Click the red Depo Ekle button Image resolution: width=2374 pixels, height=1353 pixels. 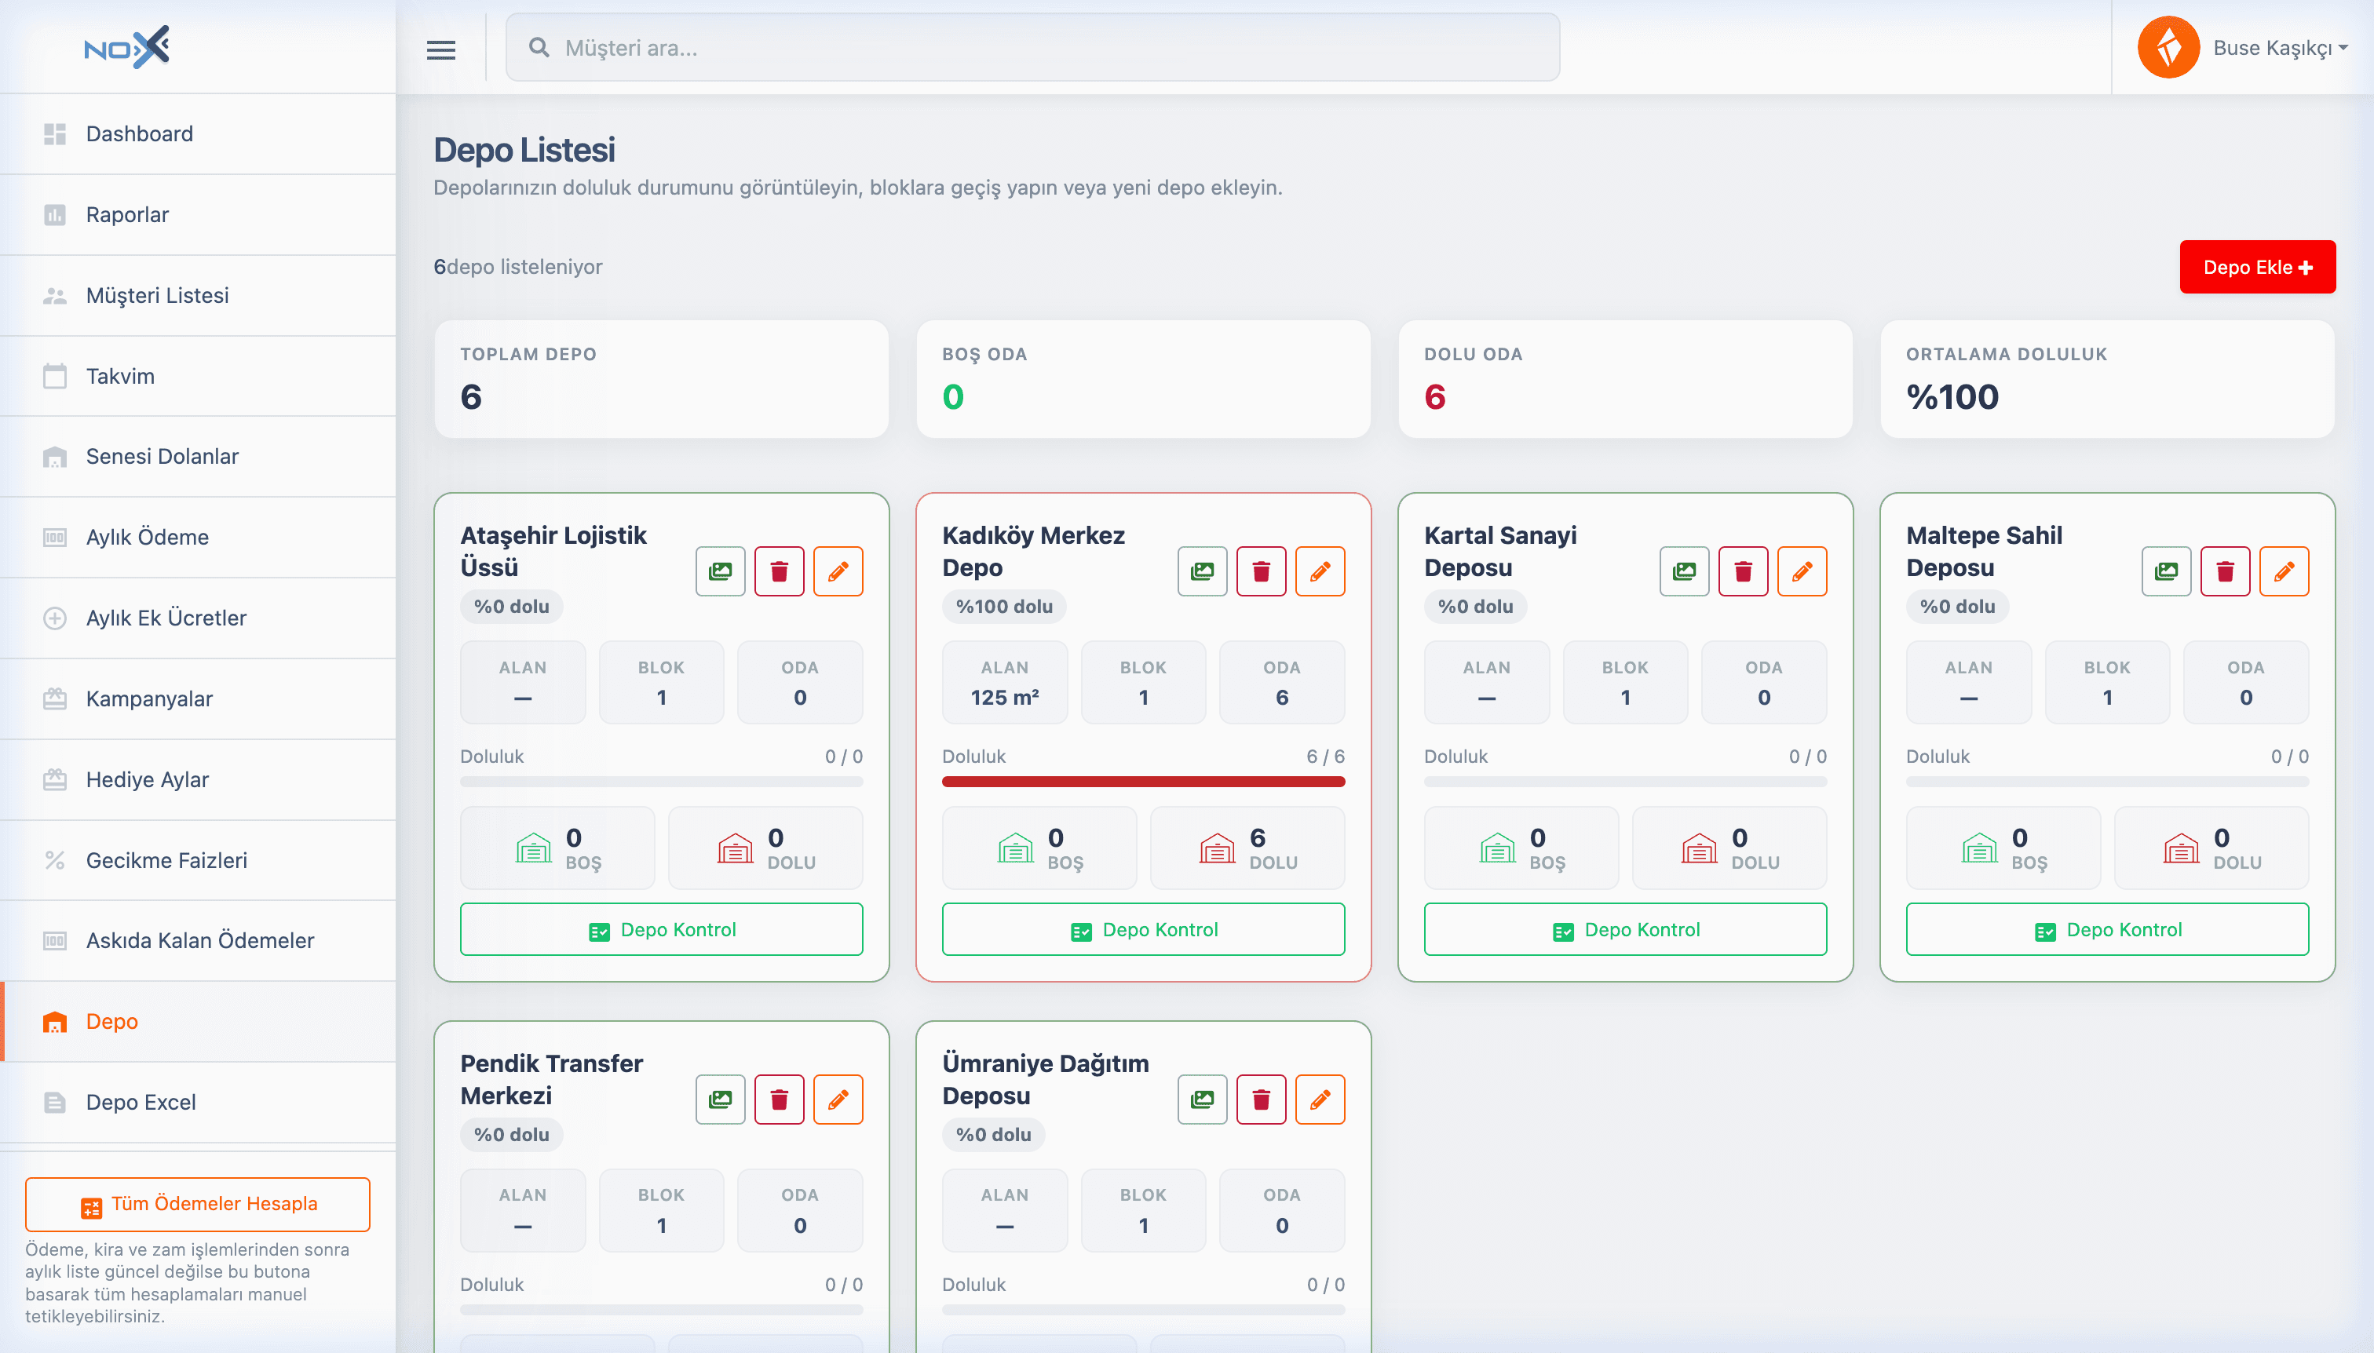pos(2256,268)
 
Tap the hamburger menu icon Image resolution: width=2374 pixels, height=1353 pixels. pos(440,49)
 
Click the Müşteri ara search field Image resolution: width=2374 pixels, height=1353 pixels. pos(1032,47)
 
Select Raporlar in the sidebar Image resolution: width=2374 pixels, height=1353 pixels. pos(127,215)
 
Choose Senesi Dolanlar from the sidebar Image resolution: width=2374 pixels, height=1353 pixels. pos(162,456)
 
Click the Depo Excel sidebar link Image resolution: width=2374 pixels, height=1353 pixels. pos(141,1102)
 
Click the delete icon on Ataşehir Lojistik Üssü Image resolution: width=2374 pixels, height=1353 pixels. pos(779,571)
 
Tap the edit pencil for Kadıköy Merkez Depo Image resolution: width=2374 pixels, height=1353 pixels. pos(1320,571)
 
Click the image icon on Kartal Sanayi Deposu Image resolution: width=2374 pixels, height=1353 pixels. pos(1684,571)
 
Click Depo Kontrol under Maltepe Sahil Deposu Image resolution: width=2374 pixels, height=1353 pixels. pos(2107,929)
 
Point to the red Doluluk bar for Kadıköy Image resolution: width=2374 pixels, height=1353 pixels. pos(1143,782)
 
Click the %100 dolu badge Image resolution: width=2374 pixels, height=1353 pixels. pos(1004,607)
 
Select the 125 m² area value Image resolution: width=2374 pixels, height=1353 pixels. pos(1005,698)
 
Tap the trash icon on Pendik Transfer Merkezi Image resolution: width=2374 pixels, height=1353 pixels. pos(779,1100)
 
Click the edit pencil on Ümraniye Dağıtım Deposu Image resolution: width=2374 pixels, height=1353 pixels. pos(1320,1100)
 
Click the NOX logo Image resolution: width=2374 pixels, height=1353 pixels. pos(126,46)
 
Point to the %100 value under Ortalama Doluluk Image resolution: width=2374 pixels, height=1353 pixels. pos(1952,397)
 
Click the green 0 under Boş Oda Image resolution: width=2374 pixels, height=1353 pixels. pos(953,397)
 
